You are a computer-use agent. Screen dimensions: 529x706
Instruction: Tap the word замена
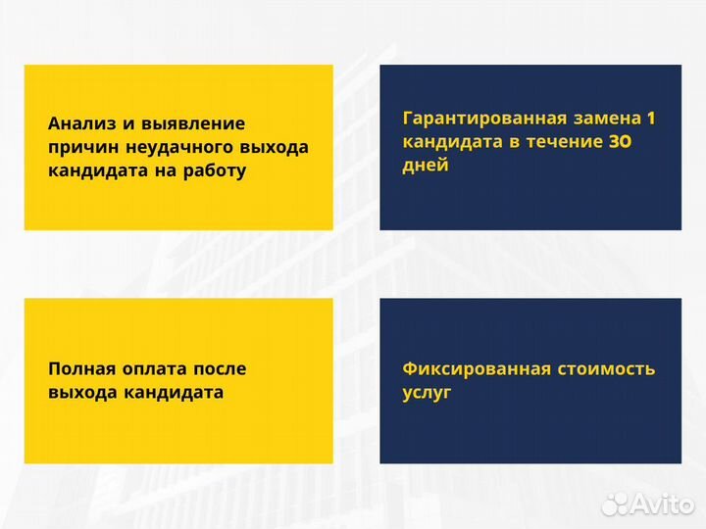pos(607,119)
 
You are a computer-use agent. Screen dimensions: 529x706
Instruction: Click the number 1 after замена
pos(650,119)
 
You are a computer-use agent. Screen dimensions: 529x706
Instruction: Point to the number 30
pos(619,142)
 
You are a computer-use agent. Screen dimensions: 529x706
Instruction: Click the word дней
pos(426,166)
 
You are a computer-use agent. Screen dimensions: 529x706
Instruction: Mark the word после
pos(220,369)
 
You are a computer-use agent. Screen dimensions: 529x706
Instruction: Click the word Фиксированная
pos(465,369)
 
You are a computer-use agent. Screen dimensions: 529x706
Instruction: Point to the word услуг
pos(427,393)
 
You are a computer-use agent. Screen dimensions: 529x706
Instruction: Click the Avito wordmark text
pos(662,504)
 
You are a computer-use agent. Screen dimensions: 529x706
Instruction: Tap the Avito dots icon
pos(614,504)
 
